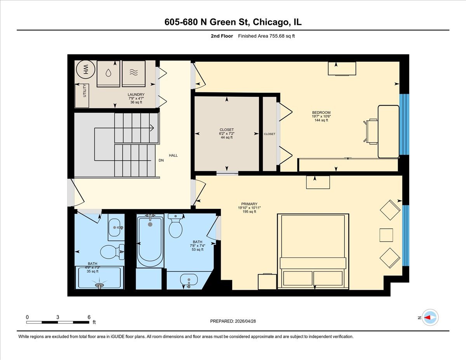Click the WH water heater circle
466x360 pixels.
point(85,70)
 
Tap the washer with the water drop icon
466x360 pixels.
point(108,73)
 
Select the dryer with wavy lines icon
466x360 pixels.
point(134,73)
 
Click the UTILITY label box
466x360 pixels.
point(82,96)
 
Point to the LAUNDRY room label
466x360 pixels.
point(136,94)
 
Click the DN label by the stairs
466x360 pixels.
point(161,160)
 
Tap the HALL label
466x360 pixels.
point(173,155)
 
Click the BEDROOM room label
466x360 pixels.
point(321,112)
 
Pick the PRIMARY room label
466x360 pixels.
point(249,204)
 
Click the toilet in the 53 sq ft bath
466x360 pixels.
point(176,226)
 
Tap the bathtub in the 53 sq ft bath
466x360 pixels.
point(150,241)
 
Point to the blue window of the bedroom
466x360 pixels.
point(404,124)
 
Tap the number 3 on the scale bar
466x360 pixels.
point(58,317)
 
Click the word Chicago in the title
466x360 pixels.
point(270,22)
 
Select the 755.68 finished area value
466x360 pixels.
point(277,36)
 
